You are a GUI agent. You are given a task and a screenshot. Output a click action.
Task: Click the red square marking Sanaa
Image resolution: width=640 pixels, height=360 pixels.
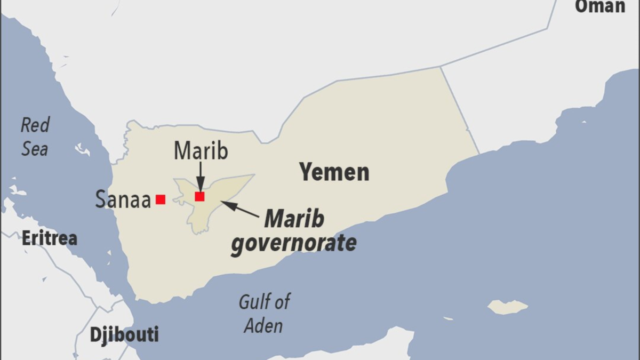[161, 199]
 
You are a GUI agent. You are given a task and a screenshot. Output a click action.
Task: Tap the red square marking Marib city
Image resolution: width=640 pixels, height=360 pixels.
[199, 196]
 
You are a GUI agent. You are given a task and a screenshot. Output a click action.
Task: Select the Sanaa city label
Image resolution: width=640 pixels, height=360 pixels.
[123, 199]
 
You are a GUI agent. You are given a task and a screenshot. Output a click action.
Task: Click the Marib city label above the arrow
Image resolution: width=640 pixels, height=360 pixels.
[201, 151]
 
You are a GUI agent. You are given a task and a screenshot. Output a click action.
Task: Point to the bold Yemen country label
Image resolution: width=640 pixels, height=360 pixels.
[334, 172]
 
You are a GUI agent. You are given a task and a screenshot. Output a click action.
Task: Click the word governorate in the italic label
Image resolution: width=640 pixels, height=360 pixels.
[293, 243]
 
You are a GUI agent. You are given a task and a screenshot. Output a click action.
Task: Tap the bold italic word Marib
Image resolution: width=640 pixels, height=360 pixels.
[294, 219]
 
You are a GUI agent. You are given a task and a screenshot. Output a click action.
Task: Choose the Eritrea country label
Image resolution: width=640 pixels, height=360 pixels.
[49, 238]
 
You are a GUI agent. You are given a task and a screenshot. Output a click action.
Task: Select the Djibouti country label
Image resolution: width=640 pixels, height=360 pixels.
[124, 335]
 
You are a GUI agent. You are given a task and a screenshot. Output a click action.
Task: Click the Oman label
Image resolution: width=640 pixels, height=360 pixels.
[599, 6]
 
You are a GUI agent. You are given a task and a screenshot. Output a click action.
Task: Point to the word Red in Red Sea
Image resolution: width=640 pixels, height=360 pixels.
[35, 126]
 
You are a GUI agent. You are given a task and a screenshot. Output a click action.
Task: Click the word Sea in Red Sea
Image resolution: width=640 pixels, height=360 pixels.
[35, 149]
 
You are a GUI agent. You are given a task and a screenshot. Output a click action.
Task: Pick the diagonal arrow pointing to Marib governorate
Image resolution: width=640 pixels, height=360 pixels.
[240, 209]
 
